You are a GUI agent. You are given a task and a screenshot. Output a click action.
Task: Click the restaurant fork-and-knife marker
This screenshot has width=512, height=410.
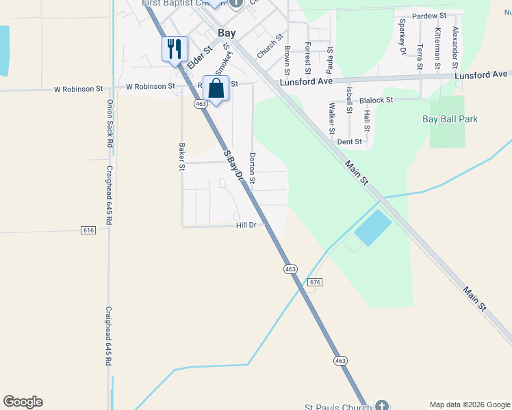[x=175, y=49]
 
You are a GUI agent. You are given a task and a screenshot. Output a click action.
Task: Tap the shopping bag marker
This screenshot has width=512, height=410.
[x=216, y=89]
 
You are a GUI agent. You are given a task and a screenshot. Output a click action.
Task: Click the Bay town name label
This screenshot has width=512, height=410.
[x=227, y=32]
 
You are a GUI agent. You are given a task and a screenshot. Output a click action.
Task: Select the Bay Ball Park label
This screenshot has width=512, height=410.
[x=450, y=119]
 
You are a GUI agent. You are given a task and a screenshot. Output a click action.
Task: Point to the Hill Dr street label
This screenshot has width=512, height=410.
[x=246, y=225]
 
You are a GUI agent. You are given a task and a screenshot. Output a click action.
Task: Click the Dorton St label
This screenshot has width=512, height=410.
[x=252, y=168]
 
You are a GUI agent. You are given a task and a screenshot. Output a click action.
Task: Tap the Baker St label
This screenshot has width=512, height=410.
[x=182, y=156]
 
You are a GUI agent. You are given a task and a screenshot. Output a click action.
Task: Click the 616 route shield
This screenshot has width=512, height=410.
[x=88, y=230]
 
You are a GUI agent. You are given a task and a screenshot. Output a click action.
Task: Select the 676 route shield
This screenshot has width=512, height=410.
[x=315, y=282]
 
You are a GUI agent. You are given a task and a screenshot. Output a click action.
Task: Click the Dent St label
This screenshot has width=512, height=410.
[x=349, y=141]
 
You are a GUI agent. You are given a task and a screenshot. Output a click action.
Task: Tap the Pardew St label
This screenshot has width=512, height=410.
[x=429, y=15]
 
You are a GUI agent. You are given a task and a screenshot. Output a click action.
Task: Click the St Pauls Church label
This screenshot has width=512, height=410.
[x=339, y=405]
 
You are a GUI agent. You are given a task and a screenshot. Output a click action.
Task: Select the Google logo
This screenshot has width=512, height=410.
[x=23, y=402]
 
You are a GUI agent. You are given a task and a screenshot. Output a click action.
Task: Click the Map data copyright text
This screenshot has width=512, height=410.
[x=470, y=405]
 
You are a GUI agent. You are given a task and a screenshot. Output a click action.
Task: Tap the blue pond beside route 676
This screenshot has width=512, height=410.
[x=373, y=228]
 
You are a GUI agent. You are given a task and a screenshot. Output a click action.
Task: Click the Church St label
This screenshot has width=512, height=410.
[x=269, y=47]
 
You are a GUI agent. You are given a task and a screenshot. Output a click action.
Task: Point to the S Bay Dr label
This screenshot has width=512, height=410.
[x=235, y=165]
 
